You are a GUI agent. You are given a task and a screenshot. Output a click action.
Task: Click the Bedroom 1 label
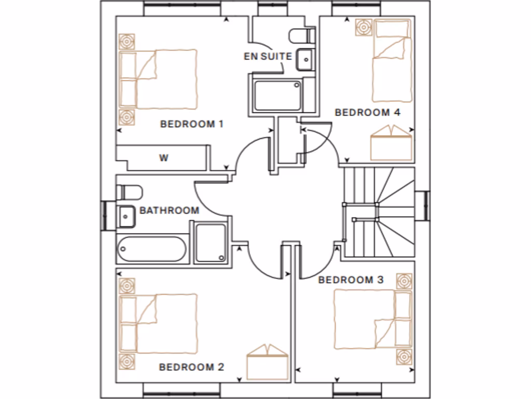coord(191,124)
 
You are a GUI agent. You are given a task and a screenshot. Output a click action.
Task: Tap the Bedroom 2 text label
coord(191,367)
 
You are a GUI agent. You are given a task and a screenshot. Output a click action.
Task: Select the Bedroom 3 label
coord(351,280)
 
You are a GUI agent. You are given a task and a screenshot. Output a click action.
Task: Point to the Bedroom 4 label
coord(368,112)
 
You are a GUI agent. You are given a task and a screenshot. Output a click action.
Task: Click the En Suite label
coord(268,56)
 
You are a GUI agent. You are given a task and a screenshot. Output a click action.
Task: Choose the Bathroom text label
coord(169,210)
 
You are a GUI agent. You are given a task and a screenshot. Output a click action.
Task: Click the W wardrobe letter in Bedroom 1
coord(163,158)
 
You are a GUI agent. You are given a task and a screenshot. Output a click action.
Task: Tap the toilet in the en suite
coord(303,36)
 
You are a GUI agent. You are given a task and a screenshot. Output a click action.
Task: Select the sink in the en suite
coord(304,59)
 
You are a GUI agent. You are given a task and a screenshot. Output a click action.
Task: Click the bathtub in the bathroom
coord(151,249)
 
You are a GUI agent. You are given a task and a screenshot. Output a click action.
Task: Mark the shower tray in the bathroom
coord(211,242)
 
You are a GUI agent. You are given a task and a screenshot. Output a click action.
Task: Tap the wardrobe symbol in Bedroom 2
coord(268,362)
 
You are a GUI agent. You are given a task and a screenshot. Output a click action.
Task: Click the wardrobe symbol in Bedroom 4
coord(392,143)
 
